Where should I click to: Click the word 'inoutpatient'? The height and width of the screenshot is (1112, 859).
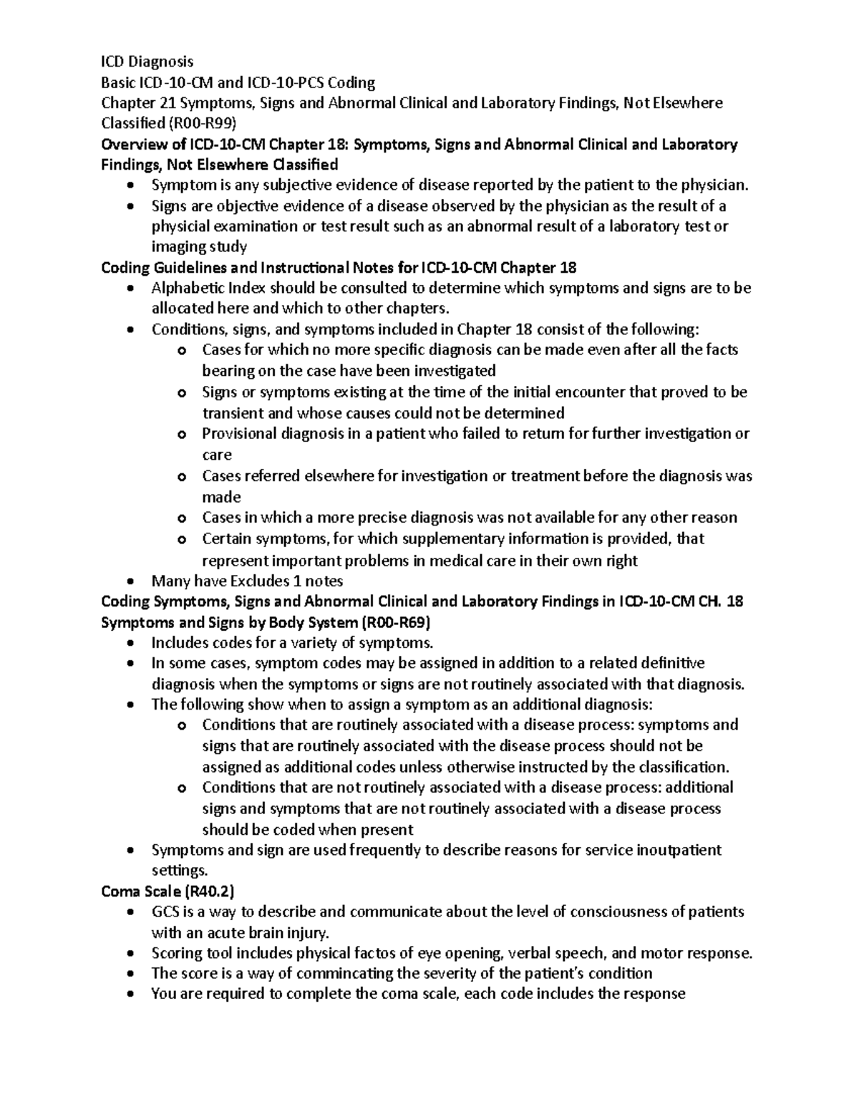[676, 850]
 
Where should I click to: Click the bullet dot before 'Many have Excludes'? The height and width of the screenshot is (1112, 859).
[129, 581]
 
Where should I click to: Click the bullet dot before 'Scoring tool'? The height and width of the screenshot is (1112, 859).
[129, 954]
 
